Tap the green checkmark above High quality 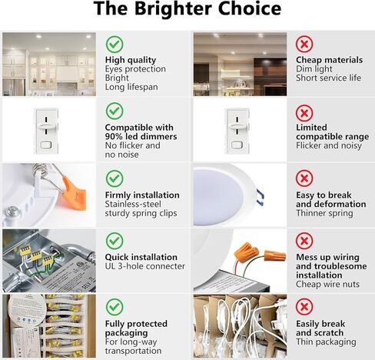click(x=114, y=45)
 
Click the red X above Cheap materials click(x=304, y=44)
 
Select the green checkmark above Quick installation click(x=114, y=241)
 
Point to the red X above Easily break click(x=304, y=307)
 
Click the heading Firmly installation click(x=142, y=195)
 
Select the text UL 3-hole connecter click(x=145, y=266)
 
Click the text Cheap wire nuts click(x=327, y=284)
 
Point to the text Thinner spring click(x=324, y=213)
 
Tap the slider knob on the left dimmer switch click(x=46, y=126)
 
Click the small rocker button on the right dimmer click(x=237, y=145)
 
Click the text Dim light click(x=314, y=69)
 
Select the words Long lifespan click(x=131, y=87)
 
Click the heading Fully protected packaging click(x=136, y=328)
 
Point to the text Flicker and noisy click(x=329, y=145)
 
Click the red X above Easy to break click(x=304, y=178)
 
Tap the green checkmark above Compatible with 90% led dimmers click(x=114, y=111)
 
